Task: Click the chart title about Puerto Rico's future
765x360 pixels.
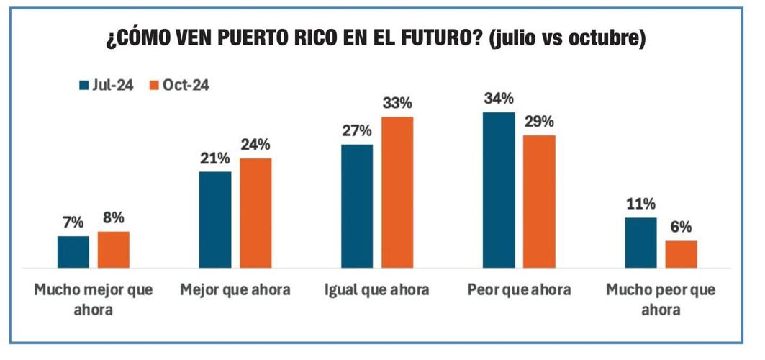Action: (x=376, y=38)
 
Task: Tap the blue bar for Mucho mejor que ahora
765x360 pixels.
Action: (x=73, y=251)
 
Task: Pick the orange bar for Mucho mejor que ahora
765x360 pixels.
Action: (x=113, y=249)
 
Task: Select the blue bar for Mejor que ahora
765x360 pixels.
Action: (x=214, y=219)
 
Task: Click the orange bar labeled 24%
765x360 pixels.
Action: (x=255, y=212)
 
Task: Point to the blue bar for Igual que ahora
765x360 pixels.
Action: (x=357, y=205)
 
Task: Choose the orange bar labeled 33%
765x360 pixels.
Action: (x=397, y=192)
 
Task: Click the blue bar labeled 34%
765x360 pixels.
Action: (x=499, y=189)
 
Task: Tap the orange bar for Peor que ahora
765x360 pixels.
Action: (x=539, y=201)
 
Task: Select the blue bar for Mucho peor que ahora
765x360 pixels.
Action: (x=640, y=242)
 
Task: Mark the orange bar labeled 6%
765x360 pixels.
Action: (x=681, y=253)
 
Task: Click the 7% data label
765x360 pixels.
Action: (x=73, y=223)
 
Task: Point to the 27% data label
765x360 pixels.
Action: (x=357, y=131)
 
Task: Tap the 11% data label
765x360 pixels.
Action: (x=640, y=204)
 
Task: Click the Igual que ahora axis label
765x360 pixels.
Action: (x=377, y=291)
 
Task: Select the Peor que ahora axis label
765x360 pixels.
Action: (x=519, y=291)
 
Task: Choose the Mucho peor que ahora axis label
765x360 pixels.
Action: (x=661, y=300)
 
